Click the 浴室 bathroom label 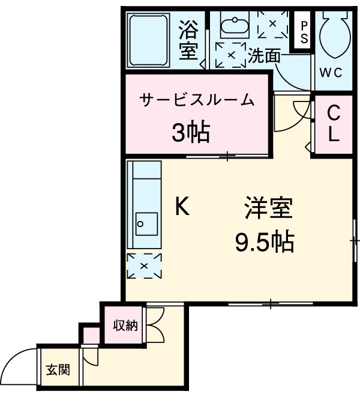pyautogui.click(x=188, y=40)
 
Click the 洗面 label pyautogui.click(x=265, y=56)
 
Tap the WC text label pyautogui.click(x=331, y=73)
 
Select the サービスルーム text pyautogui.click(x=197, y=100)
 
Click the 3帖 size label pyautogui.click(x=190, y=132)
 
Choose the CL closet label pyautogui.click(x=334, y=123)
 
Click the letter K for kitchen pyautogui.click(x=182, y=207)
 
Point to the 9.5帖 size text pyautogui.click(x=264, y=242)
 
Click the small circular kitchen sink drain pyautogui.click(x=140, y=225)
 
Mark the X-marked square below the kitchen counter pyautogui.click(x=144, y=265)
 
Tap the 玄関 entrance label pyautogui.click(x=58, y=369)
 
